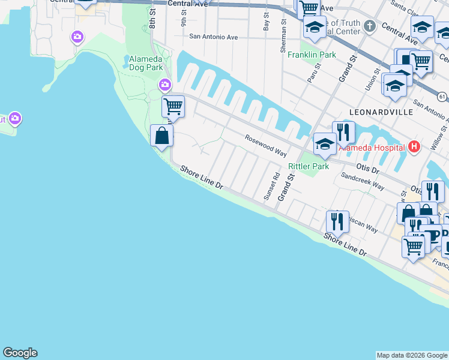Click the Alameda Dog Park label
coord(146,63)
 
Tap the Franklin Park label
coord(312,55)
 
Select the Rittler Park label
coord(309,166)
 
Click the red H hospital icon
coord(413,146)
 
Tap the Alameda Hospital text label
coord(372,147)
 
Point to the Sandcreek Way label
coord(362,182)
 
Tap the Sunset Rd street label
coord(276,186)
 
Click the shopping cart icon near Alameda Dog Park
coord(173,107)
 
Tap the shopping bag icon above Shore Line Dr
coord(161,135)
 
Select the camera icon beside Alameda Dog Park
coord(165,85)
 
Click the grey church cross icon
coord(370,26)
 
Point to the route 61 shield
coord(442,96)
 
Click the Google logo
coord(20,353)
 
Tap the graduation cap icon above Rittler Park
coord(325,143)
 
